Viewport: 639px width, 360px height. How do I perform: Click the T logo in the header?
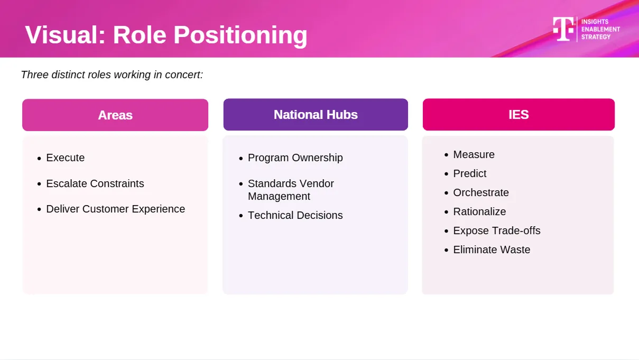coord(563,29)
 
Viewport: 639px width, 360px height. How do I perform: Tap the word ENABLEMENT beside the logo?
coord(600,30)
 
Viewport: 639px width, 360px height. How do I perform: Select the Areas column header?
coord(115,115)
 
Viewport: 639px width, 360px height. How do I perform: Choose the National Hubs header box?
coord(316,115)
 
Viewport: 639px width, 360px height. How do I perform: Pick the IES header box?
coord(518,115)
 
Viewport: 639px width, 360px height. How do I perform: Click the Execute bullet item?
coord(66,158)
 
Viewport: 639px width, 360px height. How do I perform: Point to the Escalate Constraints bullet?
coord(95,184)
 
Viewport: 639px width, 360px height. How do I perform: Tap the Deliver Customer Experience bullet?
coord(116,209)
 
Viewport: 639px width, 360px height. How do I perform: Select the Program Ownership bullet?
coord(295,158)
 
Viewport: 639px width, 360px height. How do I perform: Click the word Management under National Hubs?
coord(279,197)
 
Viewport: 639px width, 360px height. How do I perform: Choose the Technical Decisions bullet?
coord(295,215)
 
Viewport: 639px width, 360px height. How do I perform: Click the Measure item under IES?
coord(474,154)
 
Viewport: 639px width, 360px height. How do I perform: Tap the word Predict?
coord(469,174)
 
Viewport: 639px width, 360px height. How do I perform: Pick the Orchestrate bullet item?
coord(481,193)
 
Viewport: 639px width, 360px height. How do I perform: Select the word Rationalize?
coord(479,211)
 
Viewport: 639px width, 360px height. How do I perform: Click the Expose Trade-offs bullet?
coord(497,231)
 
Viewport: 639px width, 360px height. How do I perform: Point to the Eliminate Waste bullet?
coord(492,250)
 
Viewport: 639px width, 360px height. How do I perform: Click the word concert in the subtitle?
coord(184,75)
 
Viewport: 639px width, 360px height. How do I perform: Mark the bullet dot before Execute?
coord(39,158)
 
